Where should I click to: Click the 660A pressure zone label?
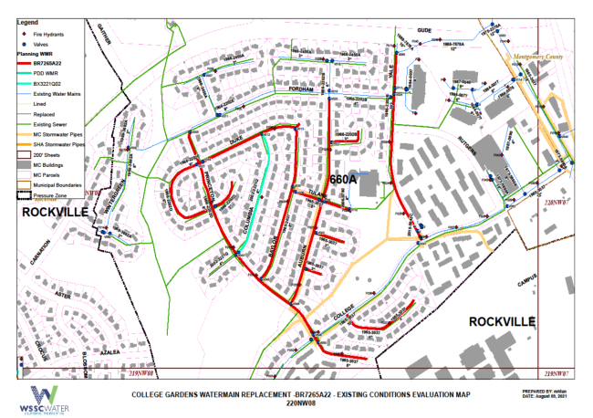point(345,180)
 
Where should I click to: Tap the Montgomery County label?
point(541,57)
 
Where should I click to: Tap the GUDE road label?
point(422,30)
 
